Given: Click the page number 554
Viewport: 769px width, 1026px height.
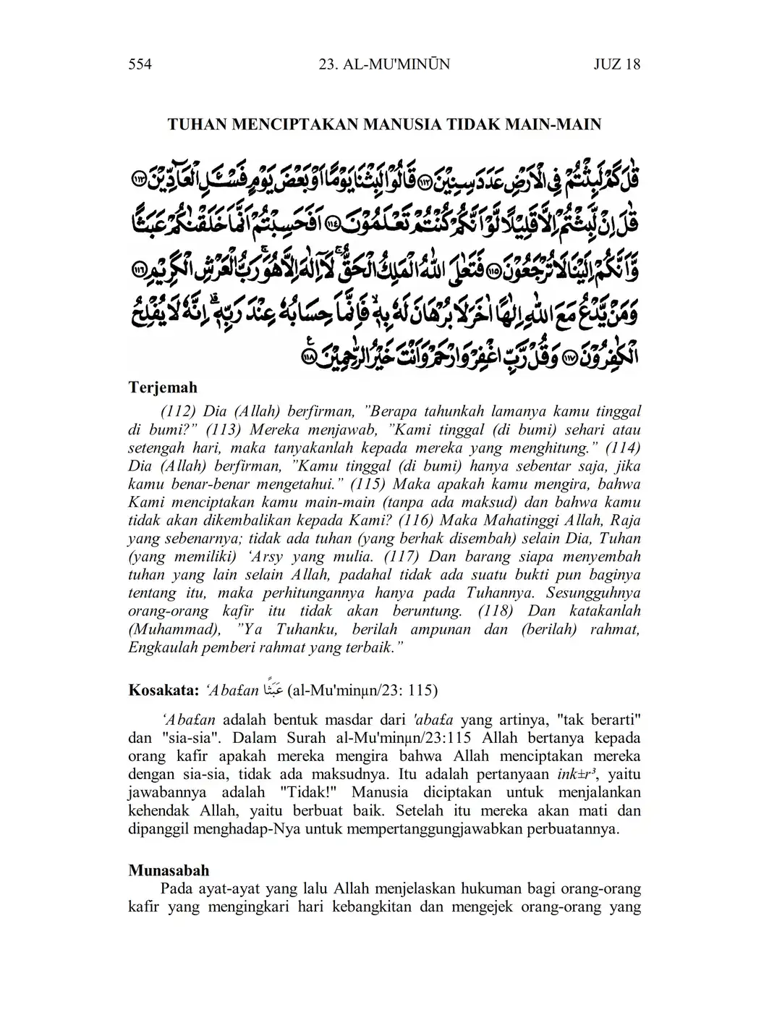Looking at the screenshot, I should tap(139, 64).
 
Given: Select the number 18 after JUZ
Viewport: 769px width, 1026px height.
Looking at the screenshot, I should tap(631, 64).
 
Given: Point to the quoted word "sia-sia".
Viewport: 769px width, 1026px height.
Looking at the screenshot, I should tap(180, 739).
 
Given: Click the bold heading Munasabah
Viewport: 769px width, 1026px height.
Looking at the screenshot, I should tap(169, 870).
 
